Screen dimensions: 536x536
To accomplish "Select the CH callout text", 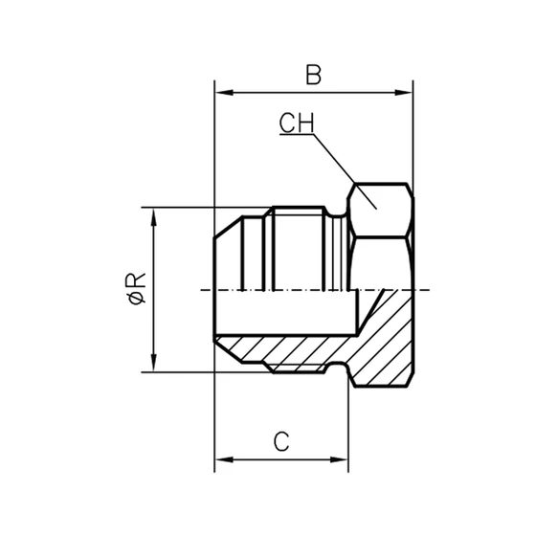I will pyautogui.click(x=298, y=123).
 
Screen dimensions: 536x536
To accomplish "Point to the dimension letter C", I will pyautogui.click(x=280, y=441).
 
